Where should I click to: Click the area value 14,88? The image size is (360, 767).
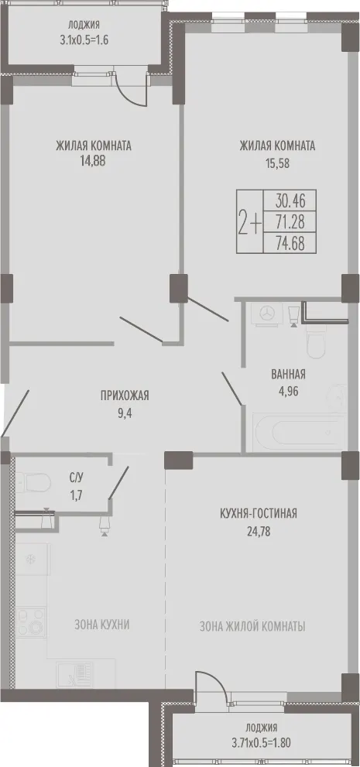(x=94, y=161)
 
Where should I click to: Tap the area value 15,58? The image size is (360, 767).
(x=277, y=163)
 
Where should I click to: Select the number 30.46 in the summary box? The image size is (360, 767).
(x=290, y=200)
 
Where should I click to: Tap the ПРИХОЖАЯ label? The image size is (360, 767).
(x=124, y=395)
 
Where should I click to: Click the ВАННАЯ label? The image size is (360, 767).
(x=289, y=375)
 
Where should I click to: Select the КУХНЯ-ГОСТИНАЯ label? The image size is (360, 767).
(x=259, y=514)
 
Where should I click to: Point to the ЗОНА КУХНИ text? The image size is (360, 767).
(x=102, y=625)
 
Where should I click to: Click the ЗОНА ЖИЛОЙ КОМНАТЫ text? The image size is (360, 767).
(x=252, y=626)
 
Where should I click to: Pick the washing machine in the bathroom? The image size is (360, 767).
(x=266, y=313)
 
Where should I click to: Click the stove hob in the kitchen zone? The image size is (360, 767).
(x=31, y=622)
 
